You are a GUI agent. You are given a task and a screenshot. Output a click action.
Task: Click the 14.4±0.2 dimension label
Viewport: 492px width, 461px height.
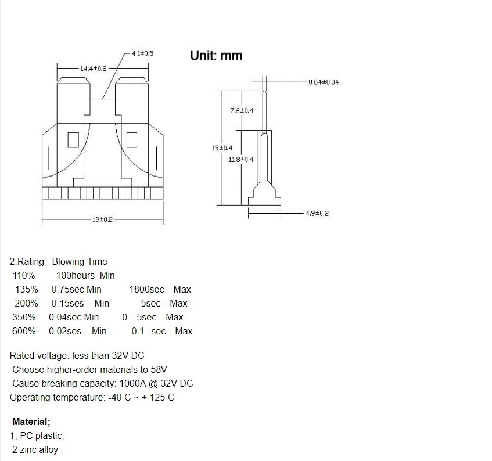pos(93,69)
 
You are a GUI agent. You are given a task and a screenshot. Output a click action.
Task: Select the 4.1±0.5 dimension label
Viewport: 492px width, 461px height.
pos(142,53)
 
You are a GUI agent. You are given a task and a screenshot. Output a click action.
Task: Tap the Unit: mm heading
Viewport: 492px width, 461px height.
pos(216,56)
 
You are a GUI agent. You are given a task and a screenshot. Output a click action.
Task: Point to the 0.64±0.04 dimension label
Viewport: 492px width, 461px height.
pos(324,82)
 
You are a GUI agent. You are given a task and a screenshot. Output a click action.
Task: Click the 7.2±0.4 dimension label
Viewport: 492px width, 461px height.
pos(242,110)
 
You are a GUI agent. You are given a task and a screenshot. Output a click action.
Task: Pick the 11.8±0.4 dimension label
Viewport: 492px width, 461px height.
pos(241,159)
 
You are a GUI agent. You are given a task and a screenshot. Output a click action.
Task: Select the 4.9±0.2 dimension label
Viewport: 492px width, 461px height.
pos(317,214)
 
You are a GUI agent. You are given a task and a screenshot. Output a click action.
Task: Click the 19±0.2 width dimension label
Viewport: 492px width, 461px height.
pos(102,219)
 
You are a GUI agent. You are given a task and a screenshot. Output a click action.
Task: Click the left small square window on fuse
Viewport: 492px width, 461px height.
pos(73,140)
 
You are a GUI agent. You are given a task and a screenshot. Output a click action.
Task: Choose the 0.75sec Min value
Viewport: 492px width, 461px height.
pos(76,289)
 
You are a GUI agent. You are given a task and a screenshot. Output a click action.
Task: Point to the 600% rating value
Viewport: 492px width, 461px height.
pos(24,331)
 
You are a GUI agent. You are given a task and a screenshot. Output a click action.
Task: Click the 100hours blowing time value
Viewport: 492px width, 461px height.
pos(75,275)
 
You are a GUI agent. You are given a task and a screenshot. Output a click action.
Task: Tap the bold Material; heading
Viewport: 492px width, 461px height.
pos(31,422)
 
